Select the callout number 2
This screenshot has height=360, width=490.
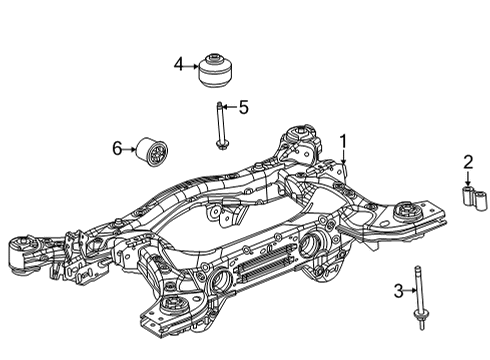[468, 162]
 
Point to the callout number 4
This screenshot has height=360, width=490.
[178, 65]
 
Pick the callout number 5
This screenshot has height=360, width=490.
[242, 106]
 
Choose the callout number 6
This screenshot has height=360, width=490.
[117, 149]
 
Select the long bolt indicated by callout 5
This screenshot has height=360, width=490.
[219, 125]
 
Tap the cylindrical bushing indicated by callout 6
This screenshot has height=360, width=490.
[155, 150]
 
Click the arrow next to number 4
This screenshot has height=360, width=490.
[193, 65]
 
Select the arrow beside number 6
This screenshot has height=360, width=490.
[132, 149]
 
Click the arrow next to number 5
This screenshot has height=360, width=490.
[229, 106]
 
